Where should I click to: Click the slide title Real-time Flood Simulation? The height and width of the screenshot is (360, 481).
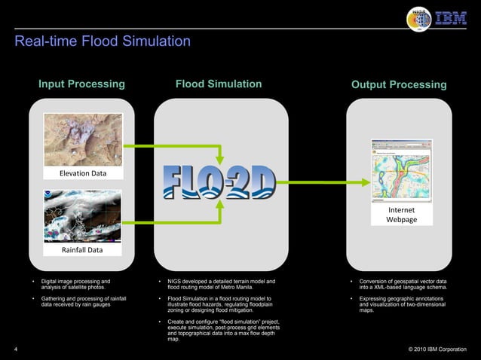(102, 41)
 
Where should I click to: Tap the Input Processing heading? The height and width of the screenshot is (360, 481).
(81, 84)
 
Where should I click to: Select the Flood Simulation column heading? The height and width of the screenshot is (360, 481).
(219, 84)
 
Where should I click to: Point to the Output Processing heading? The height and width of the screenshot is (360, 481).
(399, 84)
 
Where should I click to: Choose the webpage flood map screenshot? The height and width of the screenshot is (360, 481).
(401, 170)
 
